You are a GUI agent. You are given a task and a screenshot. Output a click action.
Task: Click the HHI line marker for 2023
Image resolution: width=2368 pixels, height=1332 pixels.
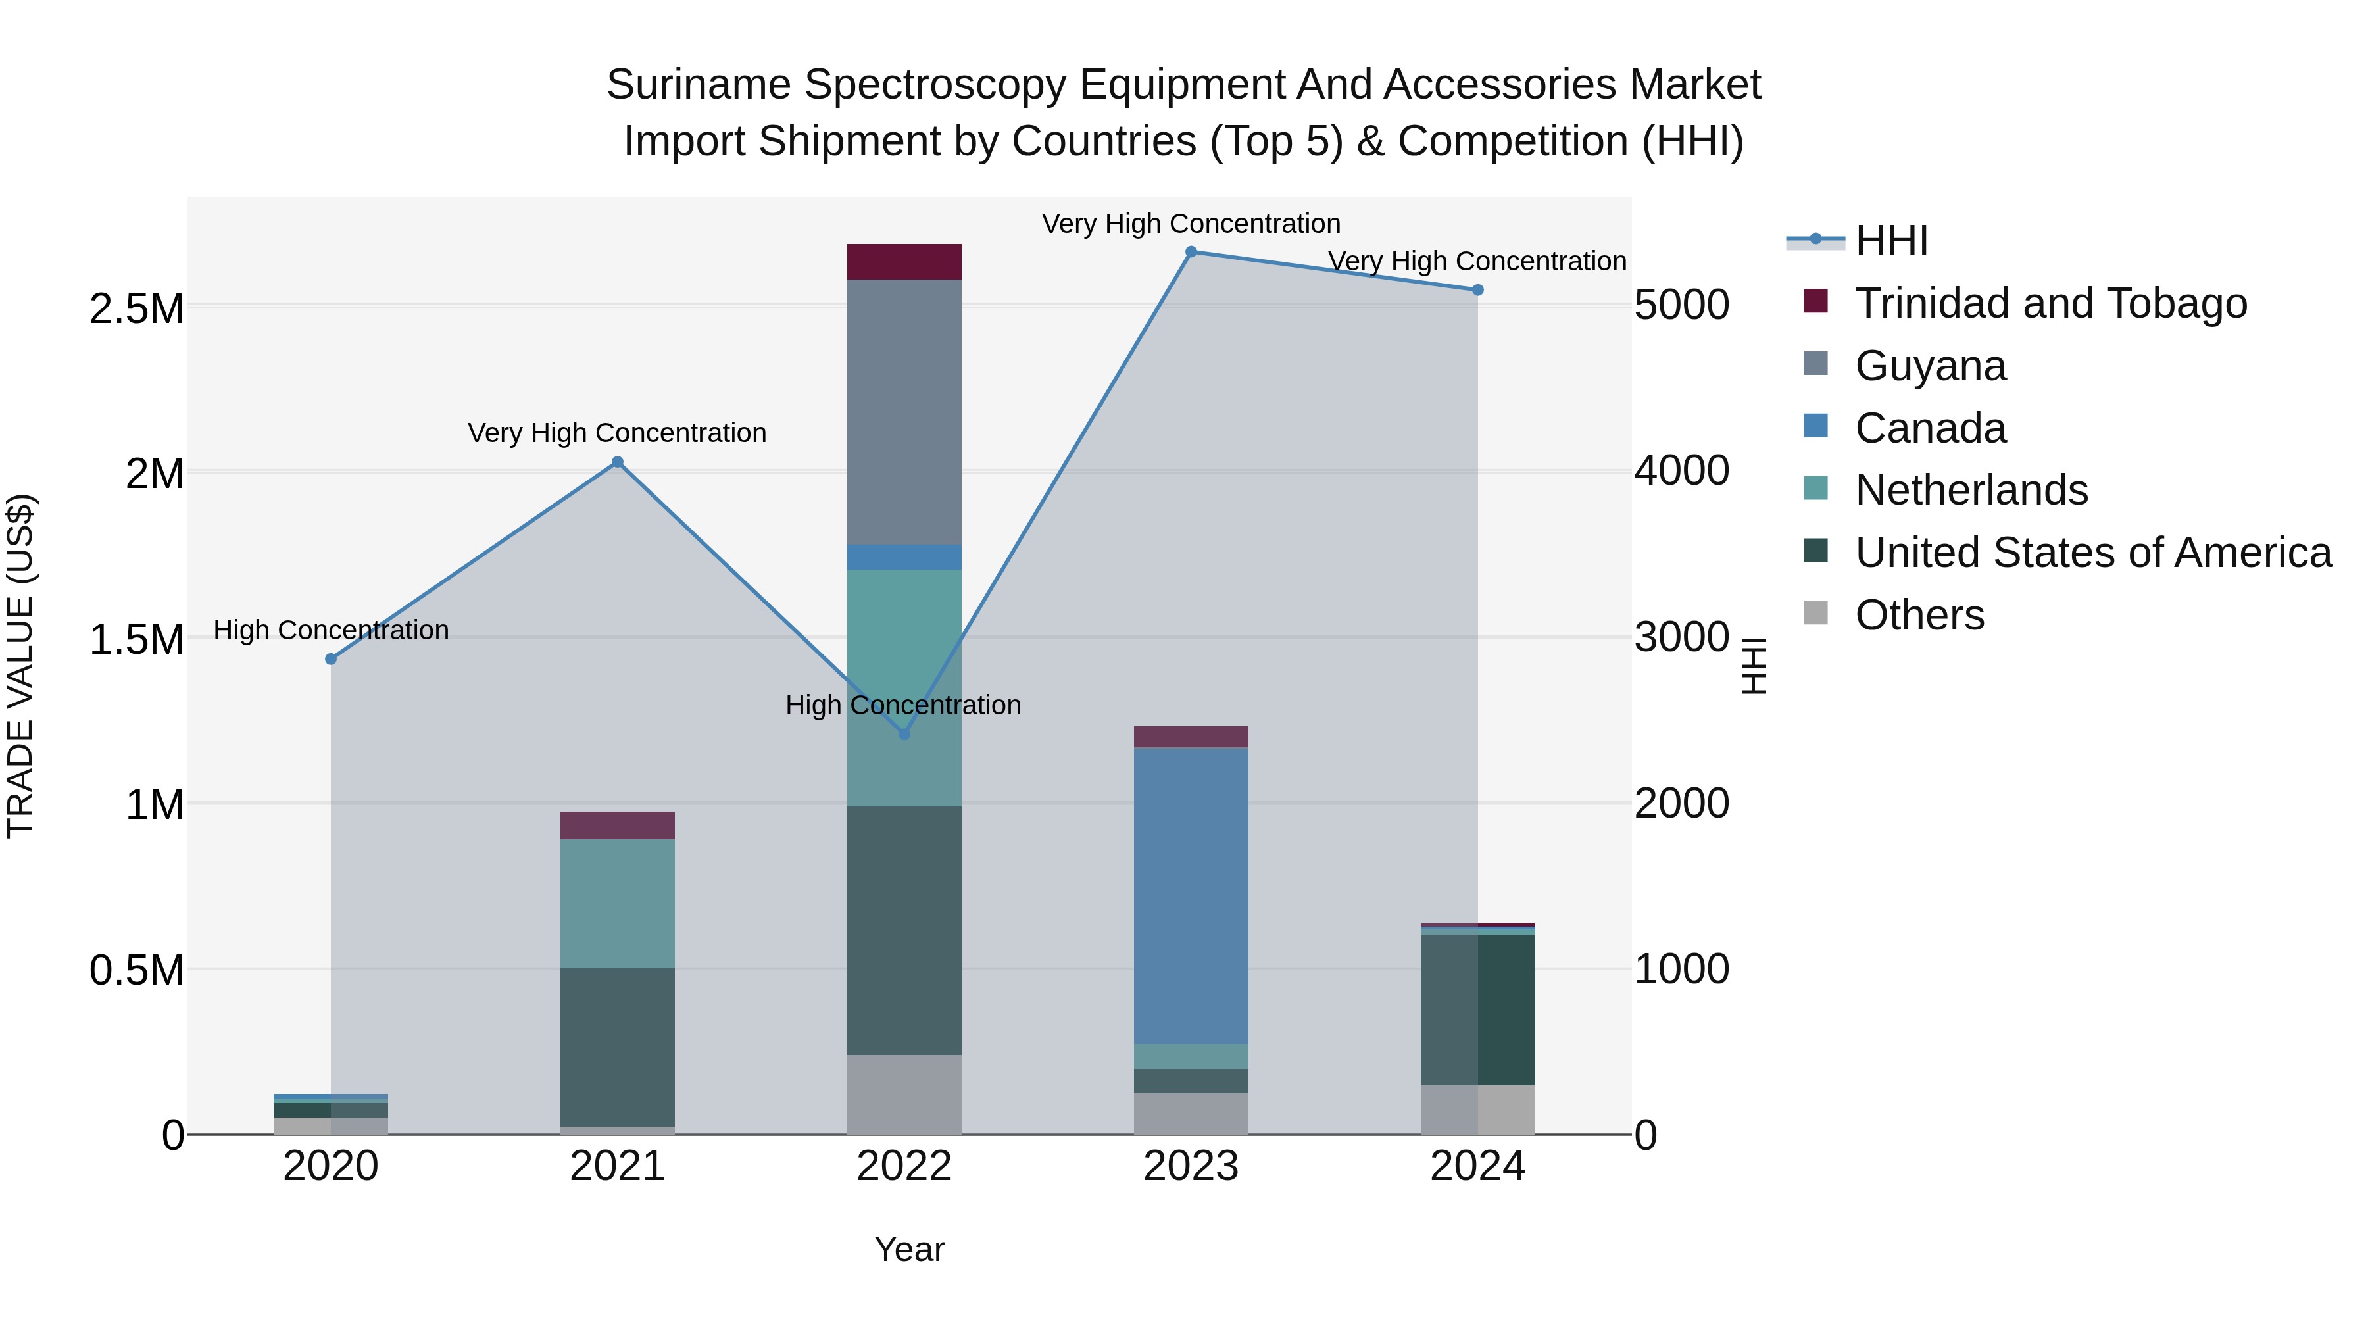coord(1191,252)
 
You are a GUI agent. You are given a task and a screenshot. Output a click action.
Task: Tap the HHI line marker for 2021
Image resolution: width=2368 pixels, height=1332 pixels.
coord(618,462)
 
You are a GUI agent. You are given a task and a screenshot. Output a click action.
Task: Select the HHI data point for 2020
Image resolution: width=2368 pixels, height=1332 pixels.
coord(331,659)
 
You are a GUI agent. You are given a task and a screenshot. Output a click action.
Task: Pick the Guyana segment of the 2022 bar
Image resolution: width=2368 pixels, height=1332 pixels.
coord(904,412)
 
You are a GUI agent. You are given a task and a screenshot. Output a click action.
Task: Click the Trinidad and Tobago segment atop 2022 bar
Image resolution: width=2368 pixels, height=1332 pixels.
coord(904,262)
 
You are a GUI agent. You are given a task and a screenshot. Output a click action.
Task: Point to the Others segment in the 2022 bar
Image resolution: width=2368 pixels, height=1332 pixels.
coord(904,1094)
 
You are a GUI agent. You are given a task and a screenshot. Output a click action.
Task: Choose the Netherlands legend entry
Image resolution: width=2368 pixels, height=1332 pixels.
coord(1971,490)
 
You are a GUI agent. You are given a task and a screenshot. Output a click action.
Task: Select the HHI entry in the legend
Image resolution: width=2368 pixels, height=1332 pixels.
coord(1891,241)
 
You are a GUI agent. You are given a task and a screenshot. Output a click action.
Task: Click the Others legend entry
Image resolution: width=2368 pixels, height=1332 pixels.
coord(1919,615)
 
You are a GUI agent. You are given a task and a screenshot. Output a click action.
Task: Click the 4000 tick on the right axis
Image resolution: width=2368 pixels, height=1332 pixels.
coord(1681,471)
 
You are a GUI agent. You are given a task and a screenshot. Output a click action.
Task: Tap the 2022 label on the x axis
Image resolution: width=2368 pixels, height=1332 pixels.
coord(904,1166)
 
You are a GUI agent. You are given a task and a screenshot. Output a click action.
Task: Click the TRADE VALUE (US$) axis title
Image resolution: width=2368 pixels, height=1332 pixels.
coord(20,666)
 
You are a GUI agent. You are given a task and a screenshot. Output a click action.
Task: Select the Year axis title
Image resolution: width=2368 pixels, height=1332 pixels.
coord(909,1249)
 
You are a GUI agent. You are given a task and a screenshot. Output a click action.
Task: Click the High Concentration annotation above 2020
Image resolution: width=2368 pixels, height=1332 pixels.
coord(331,631)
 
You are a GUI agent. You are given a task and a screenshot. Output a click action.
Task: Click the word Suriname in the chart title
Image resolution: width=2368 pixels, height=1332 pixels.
coord(699,85)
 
